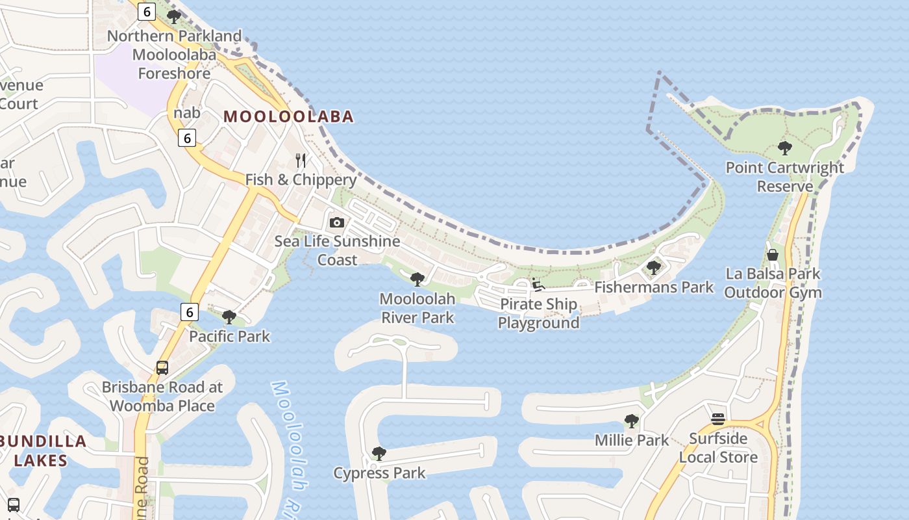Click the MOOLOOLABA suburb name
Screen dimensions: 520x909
click(x=289, y=117)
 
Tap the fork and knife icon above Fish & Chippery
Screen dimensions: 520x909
click(x=301, y=160)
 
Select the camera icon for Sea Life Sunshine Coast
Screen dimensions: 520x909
click(x=336, y=223)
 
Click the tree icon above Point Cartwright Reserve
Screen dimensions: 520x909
click(x=785, y=148)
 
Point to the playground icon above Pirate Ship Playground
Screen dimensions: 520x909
click(x=538, y=285)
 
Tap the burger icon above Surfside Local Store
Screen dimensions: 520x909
click(x=717, y=419)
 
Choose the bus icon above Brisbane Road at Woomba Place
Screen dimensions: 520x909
click(x=162, y=368)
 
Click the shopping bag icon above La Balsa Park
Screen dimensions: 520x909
click(x=773, y=255)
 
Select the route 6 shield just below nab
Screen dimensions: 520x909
click(x=187, y=138)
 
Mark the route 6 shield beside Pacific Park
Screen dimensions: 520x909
click(x=189, y=312)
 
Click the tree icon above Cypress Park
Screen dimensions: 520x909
click(x=379, y=454)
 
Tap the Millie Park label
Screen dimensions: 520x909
click(x=632, y=441)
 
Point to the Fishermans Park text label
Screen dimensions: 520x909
click(x=654, y=287)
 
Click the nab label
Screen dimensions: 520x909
click(x=187, y=113)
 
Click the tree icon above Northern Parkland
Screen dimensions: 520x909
click(x=174, y=16)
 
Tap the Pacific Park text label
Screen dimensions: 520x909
click(x=230, y=337)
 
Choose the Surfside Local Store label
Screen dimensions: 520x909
click(x=718, y=448)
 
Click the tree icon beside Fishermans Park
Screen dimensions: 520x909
click(x=654, y=268)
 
